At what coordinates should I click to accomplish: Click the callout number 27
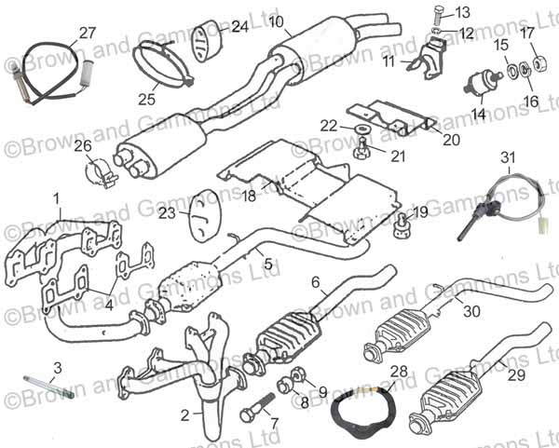pyautogui.click(x=87, y=33)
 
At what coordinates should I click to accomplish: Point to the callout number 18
pyautogui.click(x=248, y=197)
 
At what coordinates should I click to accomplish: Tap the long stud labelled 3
pyautogui.click(x=46, y=384)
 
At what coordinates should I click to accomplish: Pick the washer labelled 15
pyautogui.click(x=510, y=67)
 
